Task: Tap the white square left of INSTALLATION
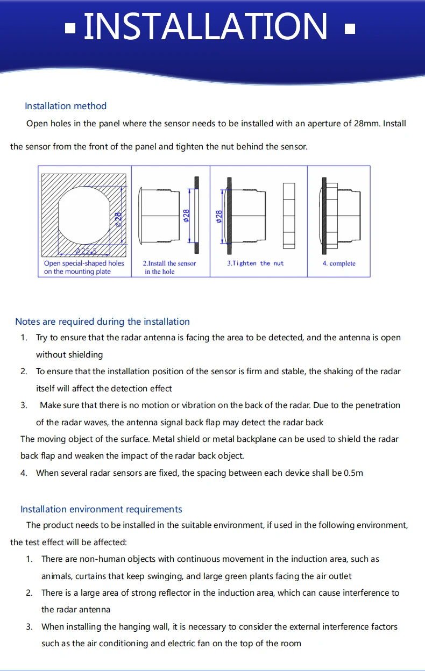pyautogui.click(x=70, y=28)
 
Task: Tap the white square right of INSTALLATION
pyautogui.click(x=350, y=28)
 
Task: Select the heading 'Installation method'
pyautogui.click(x=66, y=106)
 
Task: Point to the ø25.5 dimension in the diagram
pyautogui.click(x=86, y=251)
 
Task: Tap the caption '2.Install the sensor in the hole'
pyautogui.click(x=169, y=267)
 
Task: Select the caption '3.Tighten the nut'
pyautogui.click(x=255, y=263)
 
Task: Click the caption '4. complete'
pyautogui.click(x=339, y=263)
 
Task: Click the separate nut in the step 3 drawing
pyautogui.click(x=289, y=215)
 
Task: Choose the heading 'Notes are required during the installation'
pyautogui.click(x=102, y=322)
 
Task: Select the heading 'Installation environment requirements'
pyautogui.click(x=101, y=509)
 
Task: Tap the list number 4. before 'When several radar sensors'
pyautogui.click(x=24, y=473)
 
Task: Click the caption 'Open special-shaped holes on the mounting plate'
pyautogui.click(x=84, y=267)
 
